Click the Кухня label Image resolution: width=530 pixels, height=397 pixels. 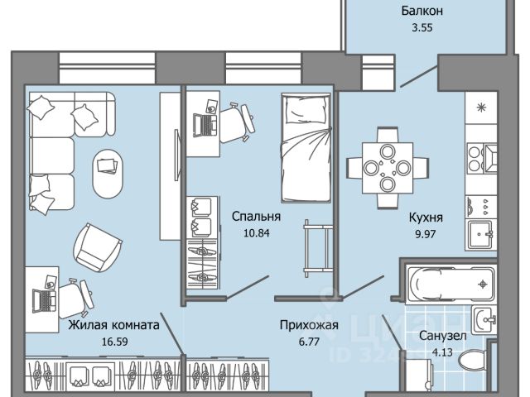[x=426, y=218]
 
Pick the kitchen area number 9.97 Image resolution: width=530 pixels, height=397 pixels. [x=426, y=234]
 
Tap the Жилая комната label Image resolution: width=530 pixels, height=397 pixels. [x=113, y=325]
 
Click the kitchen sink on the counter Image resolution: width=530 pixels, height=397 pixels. [x=481, y=234]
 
